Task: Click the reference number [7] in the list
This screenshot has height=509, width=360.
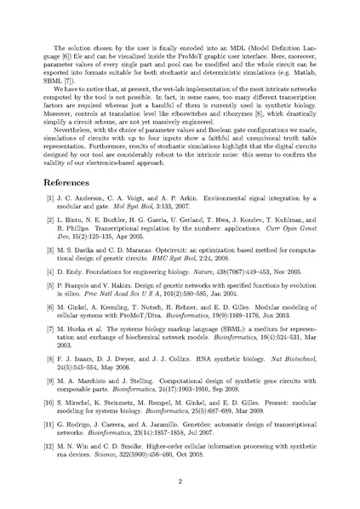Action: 61,343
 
